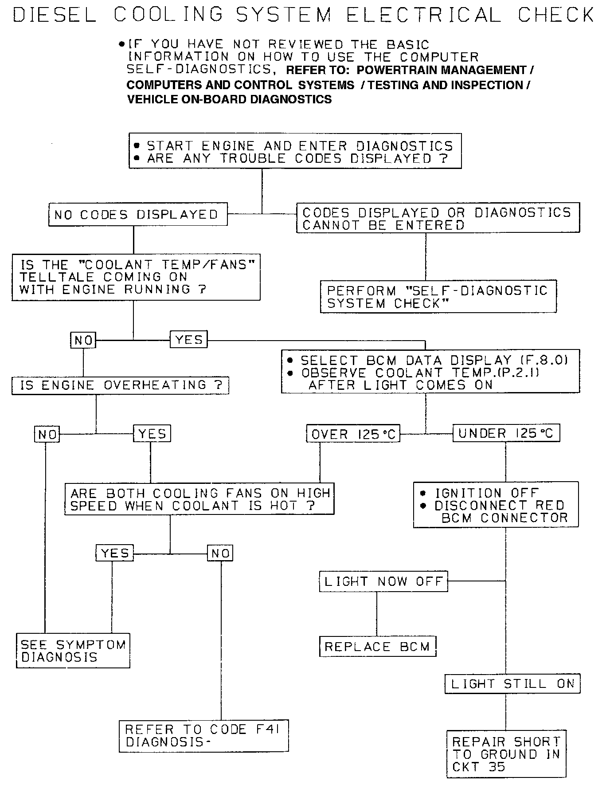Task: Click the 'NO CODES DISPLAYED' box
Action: pyautogui.click(x=137, y=215)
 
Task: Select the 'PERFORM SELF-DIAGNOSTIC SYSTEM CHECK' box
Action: pyautogui.click(x=438, y=297)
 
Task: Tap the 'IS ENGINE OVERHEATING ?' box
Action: pyautogui.click(x=120, y=385)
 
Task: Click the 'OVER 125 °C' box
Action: pyautogui.click(x=353, y=434)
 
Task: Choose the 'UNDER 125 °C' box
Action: pyautogui.click(x=506, y=433)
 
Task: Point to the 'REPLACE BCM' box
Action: pyautogui.click(x=377, y=647)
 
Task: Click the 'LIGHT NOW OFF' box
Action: pyautogui.click(x=383, y=581)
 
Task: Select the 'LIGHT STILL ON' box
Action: pyautogui.click(x=512, y=683)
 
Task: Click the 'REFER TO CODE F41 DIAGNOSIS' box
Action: pyautogui.click(x=203, y=736)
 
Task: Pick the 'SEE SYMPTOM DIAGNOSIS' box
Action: pyautogui.click(x=73, y=651)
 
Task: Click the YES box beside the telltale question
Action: pyautogui.click(x=189, y=340)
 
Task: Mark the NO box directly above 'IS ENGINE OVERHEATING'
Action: pyautogui.click(x=83, y=340)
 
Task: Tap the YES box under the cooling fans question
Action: pyautogui.click(x=115, y=553)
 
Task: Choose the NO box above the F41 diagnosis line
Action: pyautogui.click(x=220, y=553)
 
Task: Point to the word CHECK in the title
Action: pyautogui.click(x=555, y=15)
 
